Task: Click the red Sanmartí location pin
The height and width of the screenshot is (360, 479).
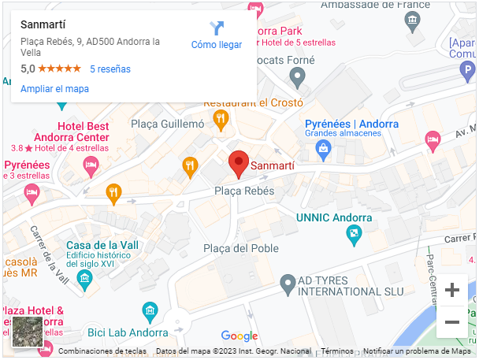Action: click(x=239, y=163)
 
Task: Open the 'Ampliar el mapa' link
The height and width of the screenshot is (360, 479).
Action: click(x=54, y=89)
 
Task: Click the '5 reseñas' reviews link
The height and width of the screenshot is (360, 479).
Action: click(x=110, y=69)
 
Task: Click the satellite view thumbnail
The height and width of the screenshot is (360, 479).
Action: click(x=28, y=332)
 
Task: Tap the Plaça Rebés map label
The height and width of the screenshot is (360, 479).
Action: click(x=244, y=191)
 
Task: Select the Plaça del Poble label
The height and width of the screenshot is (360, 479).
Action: click(x=241, y=249)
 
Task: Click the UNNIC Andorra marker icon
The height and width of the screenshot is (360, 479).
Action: click(x=355, y=233)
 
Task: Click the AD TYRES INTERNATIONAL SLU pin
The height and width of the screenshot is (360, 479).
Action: click(x=288, y=284)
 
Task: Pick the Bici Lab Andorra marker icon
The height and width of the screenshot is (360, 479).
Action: click(x=149, y=311)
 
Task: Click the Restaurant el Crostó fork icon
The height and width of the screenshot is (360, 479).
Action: click(x=221, y=119)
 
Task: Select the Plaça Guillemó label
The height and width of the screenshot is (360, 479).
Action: click(x=167, y=124)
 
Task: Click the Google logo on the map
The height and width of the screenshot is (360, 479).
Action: click(x=239, y=336)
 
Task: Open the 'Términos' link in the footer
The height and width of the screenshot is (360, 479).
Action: click(x=336, y=351)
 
